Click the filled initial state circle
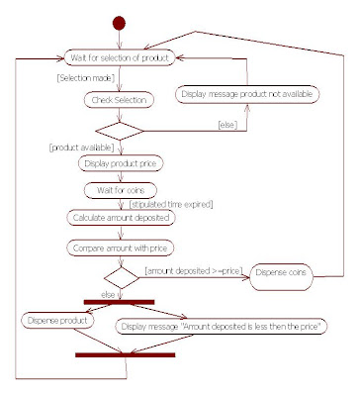point(121,23)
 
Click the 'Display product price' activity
point(119,164)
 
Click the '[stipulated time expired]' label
point(179,204)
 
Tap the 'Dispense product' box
point(58,321)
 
